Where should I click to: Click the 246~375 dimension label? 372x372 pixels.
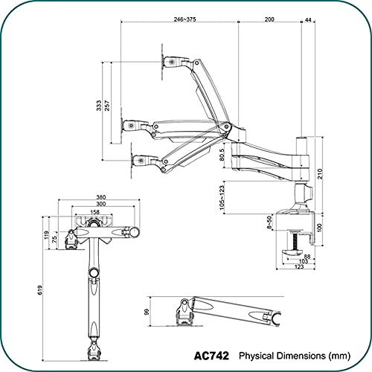click(185, 19)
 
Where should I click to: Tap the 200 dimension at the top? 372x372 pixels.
click(269, 19)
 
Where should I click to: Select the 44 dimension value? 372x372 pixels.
click(308, 19)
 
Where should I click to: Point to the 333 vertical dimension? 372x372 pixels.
click(99, 106)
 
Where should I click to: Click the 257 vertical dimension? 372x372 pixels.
click(107, 106)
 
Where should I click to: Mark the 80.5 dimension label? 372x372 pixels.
click(222, 154)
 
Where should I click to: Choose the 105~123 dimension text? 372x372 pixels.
click(222, 198)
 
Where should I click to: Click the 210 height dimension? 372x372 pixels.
click(320, 173)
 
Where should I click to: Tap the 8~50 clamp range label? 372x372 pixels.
click(269, 222)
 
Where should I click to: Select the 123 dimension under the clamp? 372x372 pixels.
click(299, 267)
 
